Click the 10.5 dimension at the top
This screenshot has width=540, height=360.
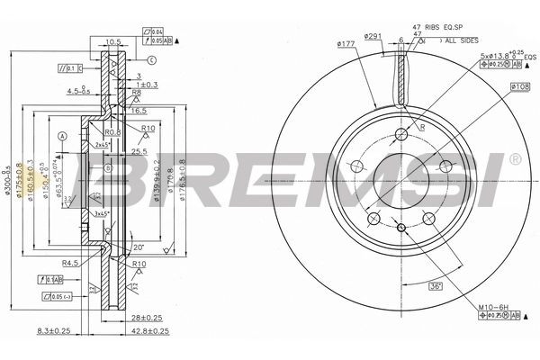click(112, 40)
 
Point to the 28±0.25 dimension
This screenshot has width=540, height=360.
click(145, 319)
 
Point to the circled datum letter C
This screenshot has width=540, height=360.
click(152, 60)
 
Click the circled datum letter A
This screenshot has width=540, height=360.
click(62, 136)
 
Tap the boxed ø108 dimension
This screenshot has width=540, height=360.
click(519, 87)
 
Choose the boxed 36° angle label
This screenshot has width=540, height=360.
click(435, 285)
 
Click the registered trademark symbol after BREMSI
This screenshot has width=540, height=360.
click(514, 159)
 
